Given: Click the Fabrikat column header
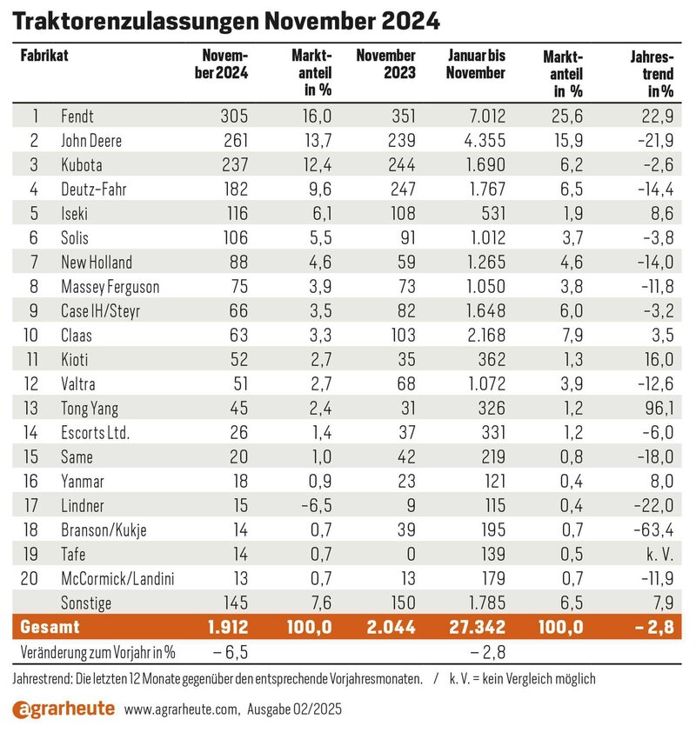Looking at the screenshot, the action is coord(44,56).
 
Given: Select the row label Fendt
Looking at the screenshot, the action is coord(77,116).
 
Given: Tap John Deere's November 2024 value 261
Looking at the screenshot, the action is coord(235,141).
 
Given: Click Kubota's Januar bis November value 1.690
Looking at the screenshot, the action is coord(486,165).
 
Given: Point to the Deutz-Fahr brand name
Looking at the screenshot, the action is coord(94,190).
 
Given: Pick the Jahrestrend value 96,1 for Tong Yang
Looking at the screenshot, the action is coord(659,408).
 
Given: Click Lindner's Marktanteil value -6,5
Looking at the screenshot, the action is coord(317,506).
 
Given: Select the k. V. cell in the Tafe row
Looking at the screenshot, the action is coord(659,555).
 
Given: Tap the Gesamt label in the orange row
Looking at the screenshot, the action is coord(50,628).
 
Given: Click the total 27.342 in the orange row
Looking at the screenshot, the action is coord(477,628).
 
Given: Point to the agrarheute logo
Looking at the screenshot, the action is coord(64,709).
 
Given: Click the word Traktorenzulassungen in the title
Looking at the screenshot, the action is coord(135,22).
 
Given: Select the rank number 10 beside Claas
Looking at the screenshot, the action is coord(30,335).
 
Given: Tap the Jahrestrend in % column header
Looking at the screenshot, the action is coord(652,74).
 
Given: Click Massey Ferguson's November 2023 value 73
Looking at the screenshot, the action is coord(406,287).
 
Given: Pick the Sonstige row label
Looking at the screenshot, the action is coord(86,603).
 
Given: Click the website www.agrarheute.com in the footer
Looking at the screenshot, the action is coord(182,709).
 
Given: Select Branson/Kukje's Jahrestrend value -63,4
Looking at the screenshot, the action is coord(653,530).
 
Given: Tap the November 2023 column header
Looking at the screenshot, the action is coord(385,64).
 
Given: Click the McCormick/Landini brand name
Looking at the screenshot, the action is coord(117,579).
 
